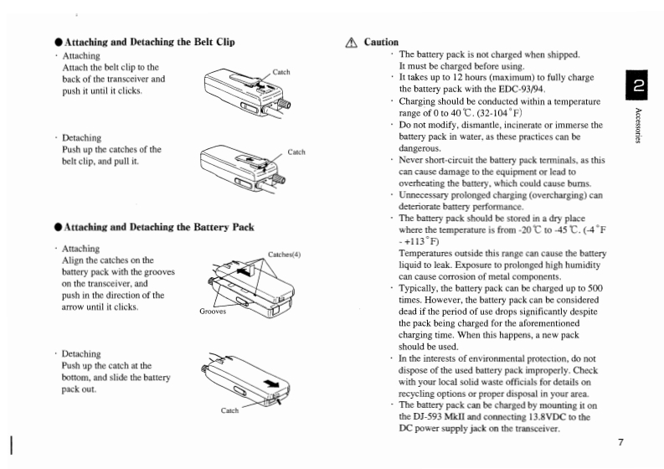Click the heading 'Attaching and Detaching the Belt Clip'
click(x=149, y=42)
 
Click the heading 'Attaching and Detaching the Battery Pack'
click(x=158, y=226)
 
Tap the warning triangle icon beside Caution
click(x=351, y=42)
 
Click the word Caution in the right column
click(x=381, y=42)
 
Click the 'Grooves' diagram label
click(x=213, y=311)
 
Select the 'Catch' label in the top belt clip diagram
click(x=281, y=72)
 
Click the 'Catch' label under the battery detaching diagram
click(x=230, y=410)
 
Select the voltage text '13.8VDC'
click(x=539, y=417)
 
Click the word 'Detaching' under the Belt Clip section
click(x=82, y=137)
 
